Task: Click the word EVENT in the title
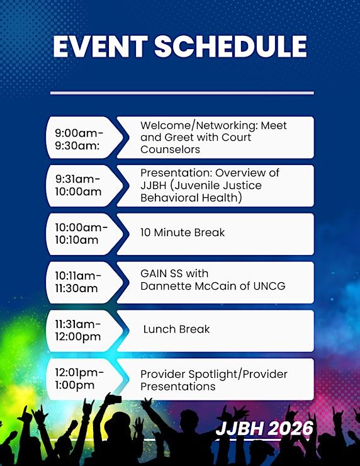coord(101,47)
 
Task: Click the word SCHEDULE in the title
coord(230,47)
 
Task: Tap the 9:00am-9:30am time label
coord(79,139)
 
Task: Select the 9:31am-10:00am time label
coord(78,185)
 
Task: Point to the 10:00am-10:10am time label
coord(81,234)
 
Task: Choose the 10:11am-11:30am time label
coord(78,282)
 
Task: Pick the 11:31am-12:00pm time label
coord(78,330)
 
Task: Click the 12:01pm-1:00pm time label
coord(79,378)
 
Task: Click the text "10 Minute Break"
coord(183,232)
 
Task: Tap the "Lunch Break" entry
coord(176,329)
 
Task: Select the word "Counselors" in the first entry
coord(170,149)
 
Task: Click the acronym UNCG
coord(269,286)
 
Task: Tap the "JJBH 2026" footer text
coord(265,428)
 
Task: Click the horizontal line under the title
coord(182,93)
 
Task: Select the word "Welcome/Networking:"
coord(200,126)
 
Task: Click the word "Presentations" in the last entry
coord(178,387)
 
